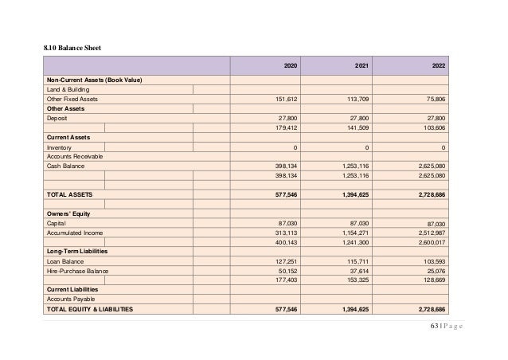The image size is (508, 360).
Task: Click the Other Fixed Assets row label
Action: [72, 100]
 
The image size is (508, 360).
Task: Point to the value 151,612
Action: [286, 100]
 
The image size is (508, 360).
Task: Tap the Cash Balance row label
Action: [66, 166]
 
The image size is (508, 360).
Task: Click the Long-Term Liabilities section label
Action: [77, 251]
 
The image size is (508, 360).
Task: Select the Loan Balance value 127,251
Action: [286, 260]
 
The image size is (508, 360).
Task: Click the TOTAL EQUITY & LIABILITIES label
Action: [89, 308]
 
